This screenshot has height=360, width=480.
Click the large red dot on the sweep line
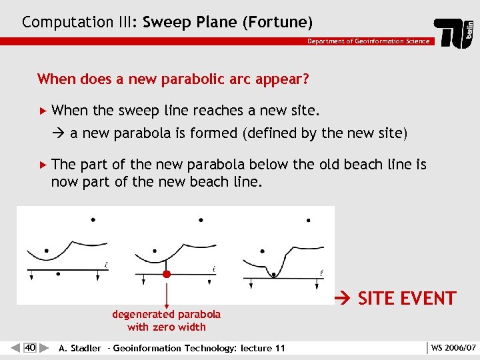pos(167,273)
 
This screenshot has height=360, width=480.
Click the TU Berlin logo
pos(455,33)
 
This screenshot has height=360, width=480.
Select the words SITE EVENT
pos(407,298)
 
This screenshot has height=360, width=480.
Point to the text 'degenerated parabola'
pos(166,314)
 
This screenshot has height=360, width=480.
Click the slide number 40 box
pos(30,347)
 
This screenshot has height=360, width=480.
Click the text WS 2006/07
pos(453,348)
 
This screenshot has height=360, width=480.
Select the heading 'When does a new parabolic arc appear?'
pos(173,79)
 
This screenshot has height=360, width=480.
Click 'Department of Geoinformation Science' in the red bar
pos(368,41)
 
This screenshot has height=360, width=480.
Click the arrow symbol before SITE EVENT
pos(345,299)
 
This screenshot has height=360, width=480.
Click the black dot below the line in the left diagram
pos(59,273)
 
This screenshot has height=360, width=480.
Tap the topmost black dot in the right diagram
pos(308,219)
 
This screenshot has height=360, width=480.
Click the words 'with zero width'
pos(166,327)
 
